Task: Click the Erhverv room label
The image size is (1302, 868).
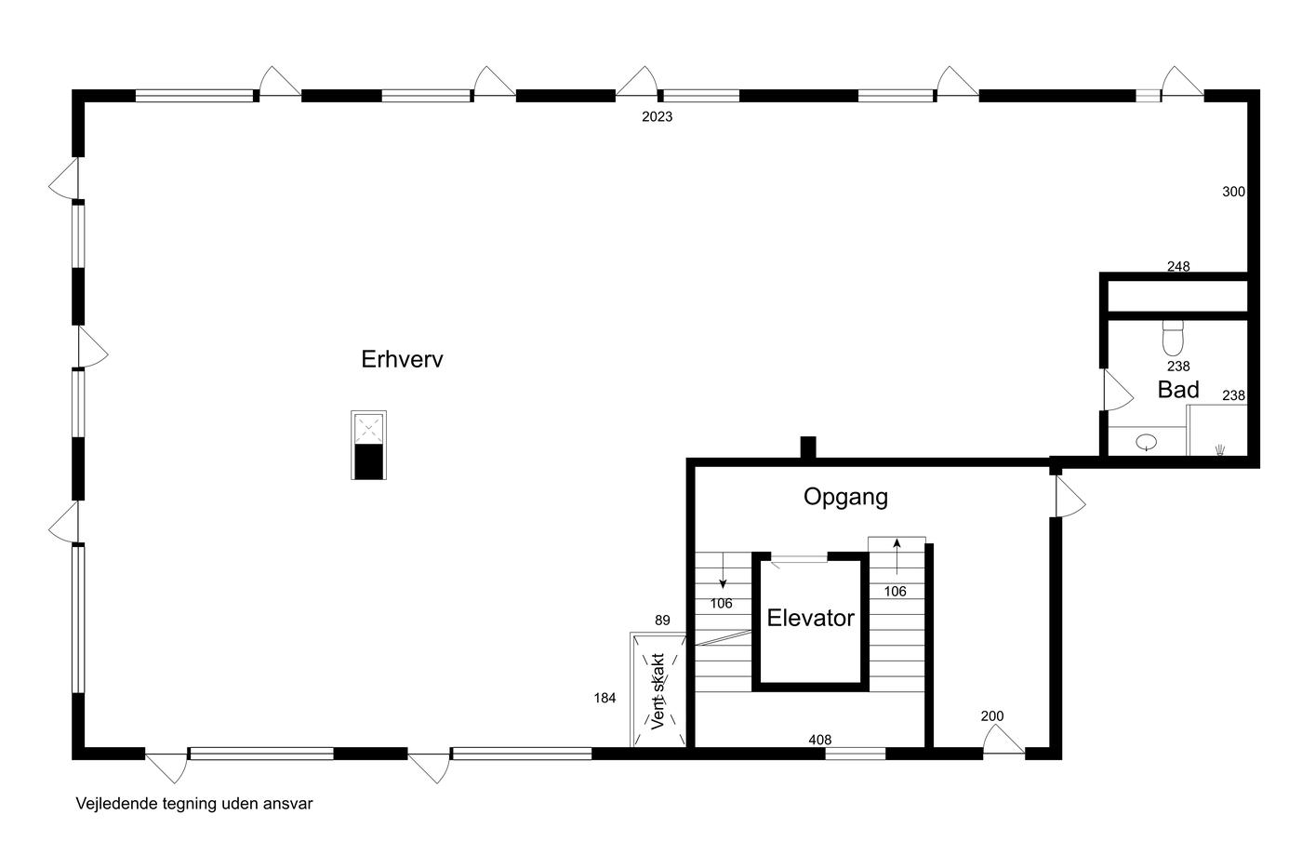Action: [x=402, y=359]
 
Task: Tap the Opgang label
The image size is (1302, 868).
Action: [x=845, y=498]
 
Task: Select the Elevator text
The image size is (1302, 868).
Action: [x=810, y=618]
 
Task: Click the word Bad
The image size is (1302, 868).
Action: [x=1178, y=390]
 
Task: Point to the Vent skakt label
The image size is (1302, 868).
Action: [x=658, y=691]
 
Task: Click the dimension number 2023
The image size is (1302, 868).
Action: [x=657, y=117]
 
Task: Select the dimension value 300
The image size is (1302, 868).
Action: [x=1233, y=192]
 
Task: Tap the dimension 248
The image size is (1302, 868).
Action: [x=1178, y=266]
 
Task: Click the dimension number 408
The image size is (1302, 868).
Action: [x=819, y=741]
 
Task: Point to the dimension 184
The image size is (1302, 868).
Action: [x=604, y=699]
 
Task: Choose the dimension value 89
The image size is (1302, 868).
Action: [x=662, y=621]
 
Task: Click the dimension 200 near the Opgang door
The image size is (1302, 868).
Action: [x=992, y=716]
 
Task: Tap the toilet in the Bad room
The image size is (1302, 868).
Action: [x=1173, y=338]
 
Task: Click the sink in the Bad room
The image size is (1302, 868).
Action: [x=1146, y=443]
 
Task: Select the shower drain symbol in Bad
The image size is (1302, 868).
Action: [x=1220, y=449]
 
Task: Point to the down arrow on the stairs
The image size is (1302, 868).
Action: [x=724, y=570]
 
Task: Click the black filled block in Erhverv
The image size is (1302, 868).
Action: [x=369, y=462]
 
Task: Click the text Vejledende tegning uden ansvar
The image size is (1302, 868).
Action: [x=194, y=804]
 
